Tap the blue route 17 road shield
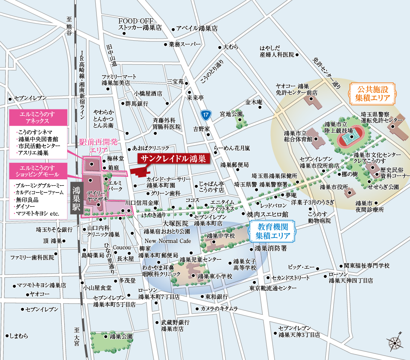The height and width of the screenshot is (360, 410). [206, 114]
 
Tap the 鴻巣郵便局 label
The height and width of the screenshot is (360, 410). [234, 165]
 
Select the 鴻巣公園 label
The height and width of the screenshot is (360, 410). [121, 337]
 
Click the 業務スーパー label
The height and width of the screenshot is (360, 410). [184, 44]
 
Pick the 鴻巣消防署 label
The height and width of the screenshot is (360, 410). [270, 248]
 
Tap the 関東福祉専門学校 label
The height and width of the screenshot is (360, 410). [366, 266]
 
